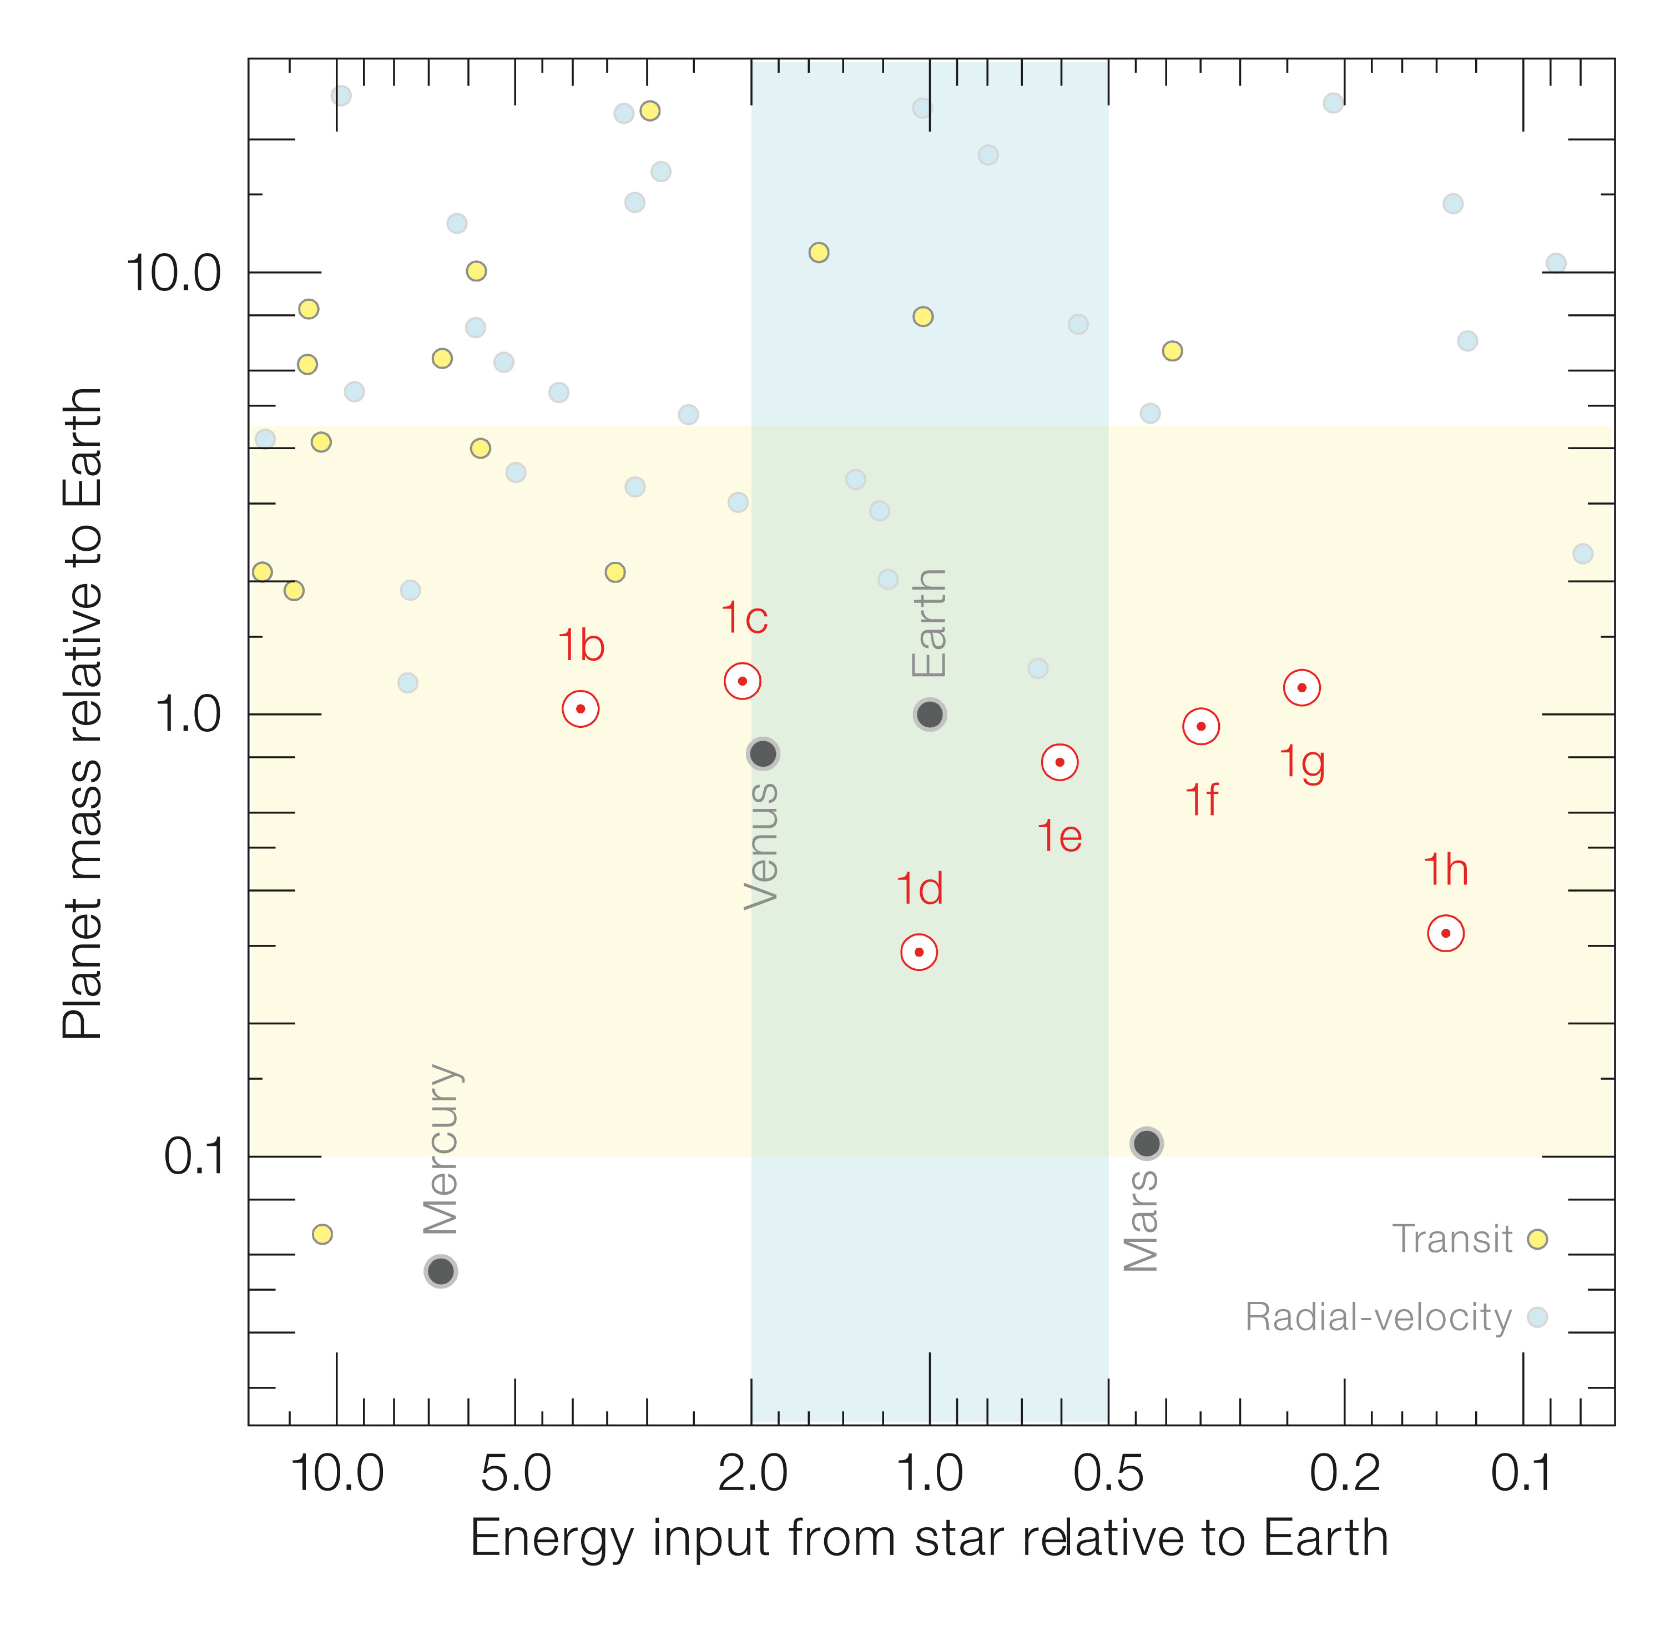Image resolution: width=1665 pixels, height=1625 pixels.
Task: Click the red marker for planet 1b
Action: click(x=581, y=708)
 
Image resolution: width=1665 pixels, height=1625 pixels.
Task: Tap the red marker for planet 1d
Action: click(x=919, y=952)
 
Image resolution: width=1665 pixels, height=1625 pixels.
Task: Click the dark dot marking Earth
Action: click(x=930, y=715)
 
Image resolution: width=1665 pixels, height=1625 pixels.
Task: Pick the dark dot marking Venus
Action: click(x=763, y=753)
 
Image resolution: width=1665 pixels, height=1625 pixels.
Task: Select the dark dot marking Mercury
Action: click(x=440, y=1271)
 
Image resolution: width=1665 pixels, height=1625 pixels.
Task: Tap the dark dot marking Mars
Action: click(x=1147, y=1143)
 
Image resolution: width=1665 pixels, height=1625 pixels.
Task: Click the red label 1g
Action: click(x=1302, y=762)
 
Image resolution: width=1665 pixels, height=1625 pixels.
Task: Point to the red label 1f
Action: click(x=1201, y=799)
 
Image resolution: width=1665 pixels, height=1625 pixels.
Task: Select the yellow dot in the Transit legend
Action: click(x=1537, y=1239)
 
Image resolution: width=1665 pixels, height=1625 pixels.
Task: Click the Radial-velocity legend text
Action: click(x=1378, y=1317)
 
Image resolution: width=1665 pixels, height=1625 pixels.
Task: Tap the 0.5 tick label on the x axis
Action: click(x=1108, y=1474)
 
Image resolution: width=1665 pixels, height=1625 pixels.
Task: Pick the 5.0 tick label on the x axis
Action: click(x=516, y=1474)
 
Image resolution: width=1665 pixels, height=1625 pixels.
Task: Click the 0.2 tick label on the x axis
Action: click(x=1344, y=1474)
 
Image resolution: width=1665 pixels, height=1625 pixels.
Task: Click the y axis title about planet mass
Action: click(x=83, y=713)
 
